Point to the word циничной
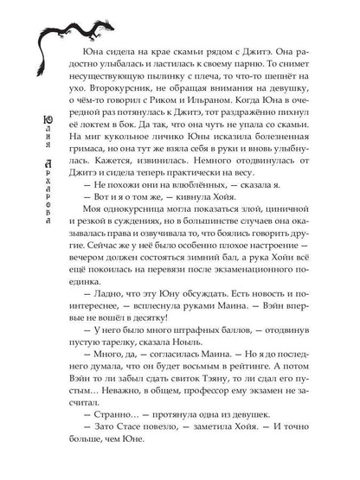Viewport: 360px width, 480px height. (282, 247)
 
